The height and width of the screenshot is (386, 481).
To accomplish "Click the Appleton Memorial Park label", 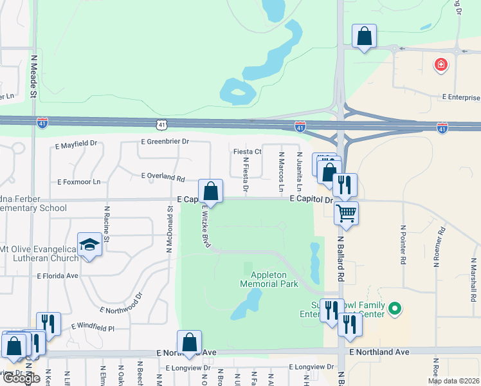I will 264,279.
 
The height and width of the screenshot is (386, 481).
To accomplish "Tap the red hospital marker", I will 440,64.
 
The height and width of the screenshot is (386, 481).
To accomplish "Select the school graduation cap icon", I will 89,244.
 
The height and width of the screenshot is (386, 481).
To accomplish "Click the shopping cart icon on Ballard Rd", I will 347,212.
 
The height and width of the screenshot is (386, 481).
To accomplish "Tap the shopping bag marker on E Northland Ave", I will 190,343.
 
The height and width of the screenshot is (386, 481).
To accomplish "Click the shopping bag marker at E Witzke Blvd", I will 210,191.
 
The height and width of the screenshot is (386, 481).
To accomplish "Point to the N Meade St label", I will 34,76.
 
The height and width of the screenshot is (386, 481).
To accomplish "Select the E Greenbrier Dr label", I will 165,141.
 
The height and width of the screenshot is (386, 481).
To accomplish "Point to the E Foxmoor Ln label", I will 79,182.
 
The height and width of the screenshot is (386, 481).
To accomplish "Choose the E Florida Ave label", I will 57,275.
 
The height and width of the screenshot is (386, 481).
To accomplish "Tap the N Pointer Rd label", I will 403,244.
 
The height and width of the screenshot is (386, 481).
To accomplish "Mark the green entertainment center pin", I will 395,311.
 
